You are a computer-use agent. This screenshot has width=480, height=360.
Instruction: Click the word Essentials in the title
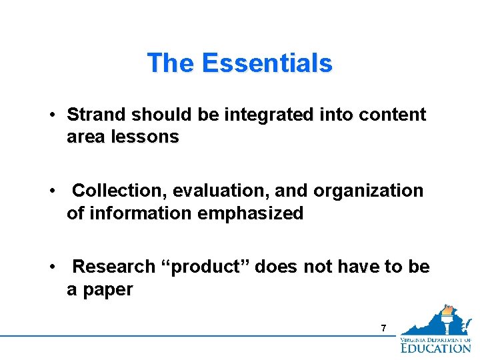click(x=267, y=63)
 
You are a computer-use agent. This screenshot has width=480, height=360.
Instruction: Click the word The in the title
click(x=171, y=63)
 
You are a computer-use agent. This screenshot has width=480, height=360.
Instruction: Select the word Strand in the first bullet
click(x=97, y=115)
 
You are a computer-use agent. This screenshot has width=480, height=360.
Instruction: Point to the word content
click(x=392, y=115)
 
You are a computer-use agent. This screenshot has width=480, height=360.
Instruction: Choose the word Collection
click(x=119, y=191)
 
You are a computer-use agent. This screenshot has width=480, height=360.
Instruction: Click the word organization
click(x=368, y=191)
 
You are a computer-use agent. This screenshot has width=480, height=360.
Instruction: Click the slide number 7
click(x=383, y=328)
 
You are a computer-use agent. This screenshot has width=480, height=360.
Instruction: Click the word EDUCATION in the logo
click(x=435, y=347)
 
